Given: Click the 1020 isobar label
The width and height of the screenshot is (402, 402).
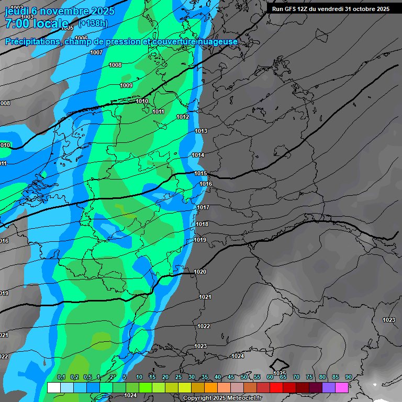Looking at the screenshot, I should click(200, 272).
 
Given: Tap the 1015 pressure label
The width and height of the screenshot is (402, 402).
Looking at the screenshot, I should click(200, 173).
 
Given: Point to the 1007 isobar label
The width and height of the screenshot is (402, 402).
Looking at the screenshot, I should click(96, 52).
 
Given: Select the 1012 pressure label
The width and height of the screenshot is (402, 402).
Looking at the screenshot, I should click(183, 117).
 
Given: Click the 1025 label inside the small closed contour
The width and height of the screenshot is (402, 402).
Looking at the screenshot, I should click(280, 373).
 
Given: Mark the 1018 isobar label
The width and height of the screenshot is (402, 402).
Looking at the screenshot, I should click(202, 224).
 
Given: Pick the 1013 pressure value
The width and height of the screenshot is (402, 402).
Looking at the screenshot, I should click(201, 131).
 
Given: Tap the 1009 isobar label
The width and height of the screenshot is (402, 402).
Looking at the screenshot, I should click(126, 85).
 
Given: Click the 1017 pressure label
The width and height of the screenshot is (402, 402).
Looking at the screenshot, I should click(203, 208).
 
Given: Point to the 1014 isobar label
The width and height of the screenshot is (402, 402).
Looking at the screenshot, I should click(198, 155).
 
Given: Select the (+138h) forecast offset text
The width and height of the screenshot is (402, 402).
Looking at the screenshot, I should click(93, 23).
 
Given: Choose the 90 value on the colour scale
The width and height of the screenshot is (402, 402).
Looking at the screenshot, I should click(348, 377).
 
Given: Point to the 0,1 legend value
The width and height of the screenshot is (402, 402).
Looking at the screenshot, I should click(61, 377).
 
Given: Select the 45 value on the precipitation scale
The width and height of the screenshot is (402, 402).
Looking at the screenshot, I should click(231, 377).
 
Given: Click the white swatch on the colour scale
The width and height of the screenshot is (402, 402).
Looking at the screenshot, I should click(53, 387).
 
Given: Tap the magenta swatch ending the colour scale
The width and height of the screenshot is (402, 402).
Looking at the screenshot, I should click(342, 387).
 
